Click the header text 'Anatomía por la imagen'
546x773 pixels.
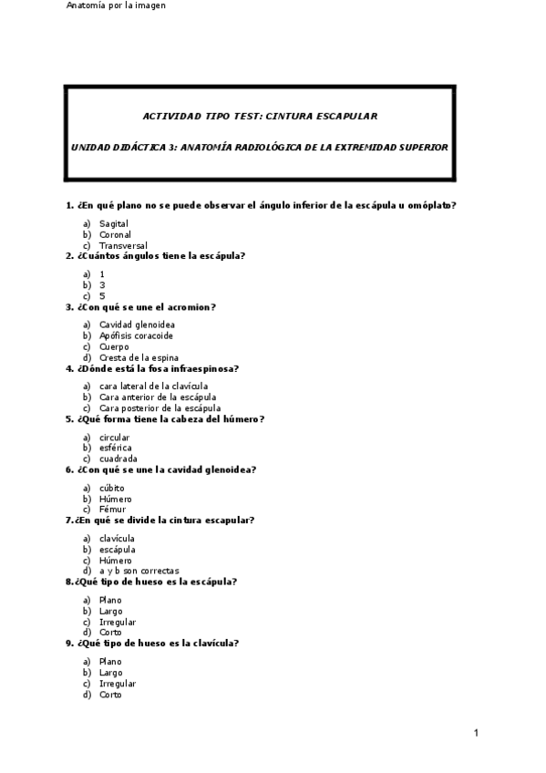(115, 5)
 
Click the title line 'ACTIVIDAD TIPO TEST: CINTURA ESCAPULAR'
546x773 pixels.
(260, 116)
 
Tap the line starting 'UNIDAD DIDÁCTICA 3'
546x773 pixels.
(260, 146)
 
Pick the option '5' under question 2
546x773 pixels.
(102, 296)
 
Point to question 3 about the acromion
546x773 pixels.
(141, 307)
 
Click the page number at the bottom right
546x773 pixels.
(476, 732)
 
